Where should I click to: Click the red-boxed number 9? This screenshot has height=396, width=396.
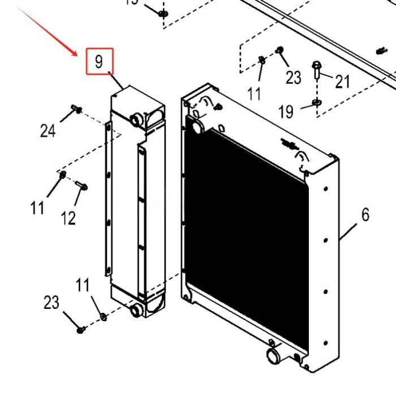pos(100,61)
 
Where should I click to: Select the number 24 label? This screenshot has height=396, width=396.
pos(48,131)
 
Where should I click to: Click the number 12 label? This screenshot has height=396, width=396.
pos(68,218)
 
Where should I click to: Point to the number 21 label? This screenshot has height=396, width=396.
pos(342,82)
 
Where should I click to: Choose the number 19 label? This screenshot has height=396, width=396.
pos(286,112)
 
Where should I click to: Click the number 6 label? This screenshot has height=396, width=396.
pos(365,215)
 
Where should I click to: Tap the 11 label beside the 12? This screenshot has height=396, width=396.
pos(37,208)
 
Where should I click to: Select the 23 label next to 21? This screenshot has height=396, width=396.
pos(293,77)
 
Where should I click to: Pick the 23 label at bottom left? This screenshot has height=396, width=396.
pos(51,303)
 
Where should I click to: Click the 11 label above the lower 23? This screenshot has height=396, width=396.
pos(83,285)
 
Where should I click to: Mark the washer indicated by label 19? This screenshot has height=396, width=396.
pos(317,102)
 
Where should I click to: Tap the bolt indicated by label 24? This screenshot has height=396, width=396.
pos(76,108)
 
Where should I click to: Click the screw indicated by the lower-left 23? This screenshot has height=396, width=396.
pos(81,328)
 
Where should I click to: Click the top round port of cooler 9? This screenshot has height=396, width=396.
pos(136,119)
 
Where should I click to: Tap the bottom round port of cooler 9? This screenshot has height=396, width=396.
pos(136,309)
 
